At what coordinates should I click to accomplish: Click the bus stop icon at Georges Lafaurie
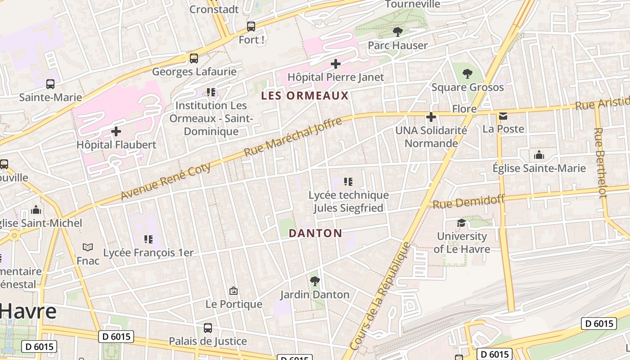pyautogui.click(x=194, y=58)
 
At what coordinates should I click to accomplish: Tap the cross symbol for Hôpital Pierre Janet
pyautogui.click(x=336, y=64)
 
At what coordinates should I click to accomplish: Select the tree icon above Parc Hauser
pyautogui.click(x=397, y=31)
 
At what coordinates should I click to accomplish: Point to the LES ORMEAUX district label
pyautogui.click(x=305, y=95)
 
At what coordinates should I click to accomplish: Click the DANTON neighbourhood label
pyautogui.click(x=315, y=233)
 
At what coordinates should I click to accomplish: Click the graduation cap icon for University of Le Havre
pyautogui.click(x=462, y=223)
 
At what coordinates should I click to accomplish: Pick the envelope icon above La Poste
pyautogui.click(x=503, y=116)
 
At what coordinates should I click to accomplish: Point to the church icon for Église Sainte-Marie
pyautogui.click(x=539, y=155)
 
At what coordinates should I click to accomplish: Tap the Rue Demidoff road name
pyautogui.click(x=469, y=201)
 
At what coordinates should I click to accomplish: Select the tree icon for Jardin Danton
pyautogui.click(x=315, y=281)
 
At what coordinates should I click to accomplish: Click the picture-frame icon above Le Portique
pyautogui.click(x=234, y=291)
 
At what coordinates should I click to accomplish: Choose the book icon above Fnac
pyautogui.click(x=88, y=247)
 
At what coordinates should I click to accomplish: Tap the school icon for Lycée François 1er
pyautogui.click(x=148, y=239)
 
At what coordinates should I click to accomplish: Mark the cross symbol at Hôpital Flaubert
pyautogui.click(x=116, y=131)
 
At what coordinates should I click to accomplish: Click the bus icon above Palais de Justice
pyautogui.click(x=208, y=328)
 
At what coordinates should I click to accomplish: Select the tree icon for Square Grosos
pyautogui.click(x=468, y=73)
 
